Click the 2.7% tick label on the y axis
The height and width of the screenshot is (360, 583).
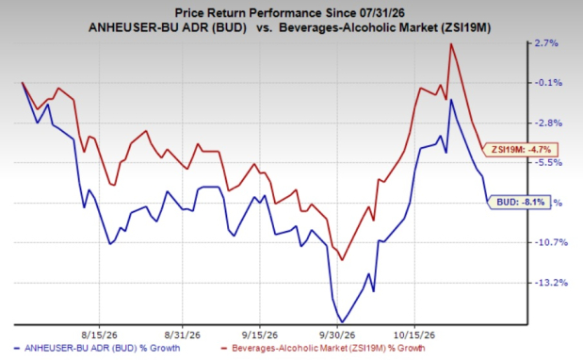(546, 43)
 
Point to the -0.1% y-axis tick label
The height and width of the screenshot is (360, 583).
(548, 83)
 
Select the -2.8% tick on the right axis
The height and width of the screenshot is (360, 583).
(548, 123)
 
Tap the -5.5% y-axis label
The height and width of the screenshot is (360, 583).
(548, 163)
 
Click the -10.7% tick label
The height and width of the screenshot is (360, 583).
(551, 242)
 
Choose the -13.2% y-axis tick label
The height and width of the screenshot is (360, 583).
(551, 283)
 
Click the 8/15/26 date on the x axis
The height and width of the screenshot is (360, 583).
(99, 335)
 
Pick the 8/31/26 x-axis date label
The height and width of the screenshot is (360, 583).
(182, 335)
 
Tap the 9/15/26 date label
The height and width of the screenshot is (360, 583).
(260, 335)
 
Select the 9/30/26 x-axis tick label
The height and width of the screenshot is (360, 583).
(337, 335)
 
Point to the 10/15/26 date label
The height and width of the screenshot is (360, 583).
(414, 335)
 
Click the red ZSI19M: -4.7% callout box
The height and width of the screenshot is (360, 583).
(520, 150)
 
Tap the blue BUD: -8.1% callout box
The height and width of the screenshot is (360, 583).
(519, 202)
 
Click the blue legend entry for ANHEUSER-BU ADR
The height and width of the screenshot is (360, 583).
(97, 349)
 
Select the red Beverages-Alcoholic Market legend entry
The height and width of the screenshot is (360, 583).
(323, 349)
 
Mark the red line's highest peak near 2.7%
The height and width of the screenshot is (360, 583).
(451, 44)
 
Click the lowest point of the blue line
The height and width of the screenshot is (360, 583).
(342, 322)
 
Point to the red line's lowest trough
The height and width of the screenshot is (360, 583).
(342, 259)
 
